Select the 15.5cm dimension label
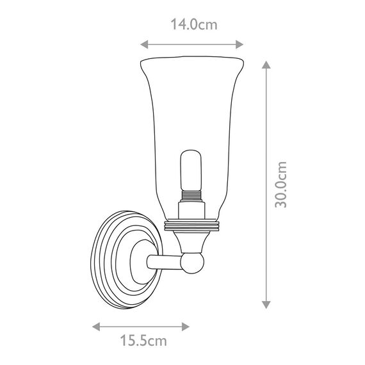coord(143,341)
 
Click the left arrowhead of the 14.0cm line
coord(144,44)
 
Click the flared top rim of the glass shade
coord(192,60)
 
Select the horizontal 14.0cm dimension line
coord(192,44)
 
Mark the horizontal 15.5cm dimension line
coord(142,326)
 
